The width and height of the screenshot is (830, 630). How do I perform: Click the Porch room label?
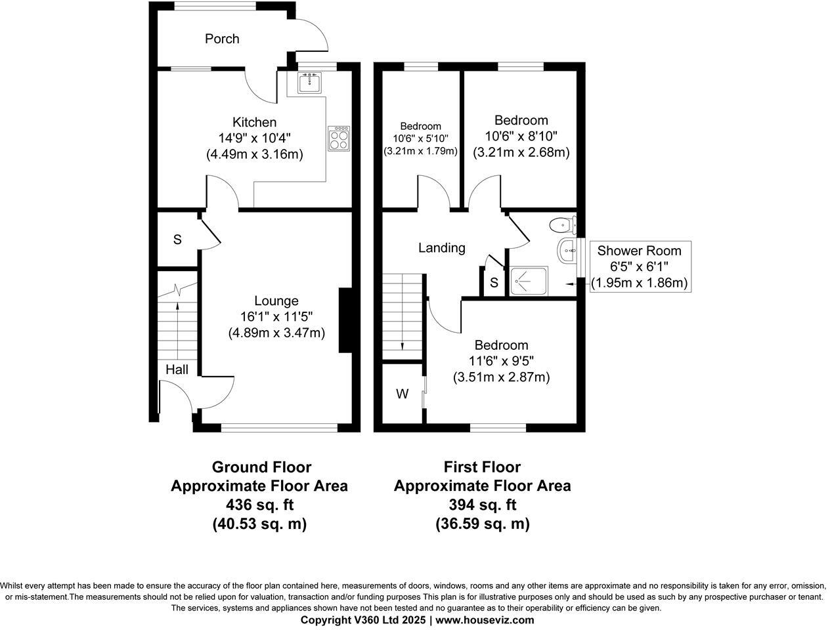point(222,39)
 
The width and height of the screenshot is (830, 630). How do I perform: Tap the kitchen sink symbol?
point(309,83)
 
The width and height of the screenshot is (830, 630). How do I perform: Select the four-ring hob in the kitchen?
point(339,139)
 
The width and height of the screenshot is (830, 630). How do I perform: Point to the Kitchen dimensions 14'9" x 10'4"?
point(255,138)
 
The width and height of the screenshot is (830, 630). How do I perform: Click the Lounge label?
point(276,301)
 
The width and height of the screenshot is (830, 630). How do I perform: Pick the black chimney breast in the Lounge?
point(345,320)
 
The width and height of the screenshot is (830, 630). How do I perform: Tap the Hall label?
point(177,369)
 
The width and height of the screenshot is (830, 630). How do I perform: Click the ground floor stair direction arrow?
point(178,331)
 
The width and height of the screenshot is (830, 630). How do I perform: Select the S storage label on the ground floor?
point(177,240)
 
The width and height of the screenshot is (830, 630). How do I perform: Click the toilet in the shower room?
point(563,225)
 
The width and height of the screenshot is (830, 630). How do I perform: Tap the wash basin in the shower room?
point(567,250)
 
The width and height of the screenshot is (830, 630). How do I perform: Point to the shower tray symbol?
point(528,281)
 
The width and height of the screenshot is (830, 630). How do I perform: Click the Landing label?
point(442,248)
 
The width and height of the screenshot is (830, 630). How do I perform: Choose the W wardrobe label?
point(403,394)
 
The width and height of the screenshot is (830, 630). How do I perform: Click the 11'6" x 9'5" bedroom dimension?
point(501,361)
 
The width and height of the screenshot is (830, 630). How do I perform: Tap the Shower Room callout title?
point(639,251)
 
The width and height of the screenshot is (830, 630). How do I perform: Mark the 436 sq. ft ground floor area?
point(260,505)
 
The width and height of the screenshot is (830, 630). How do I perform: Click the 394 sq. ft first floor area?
point(483,505)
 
